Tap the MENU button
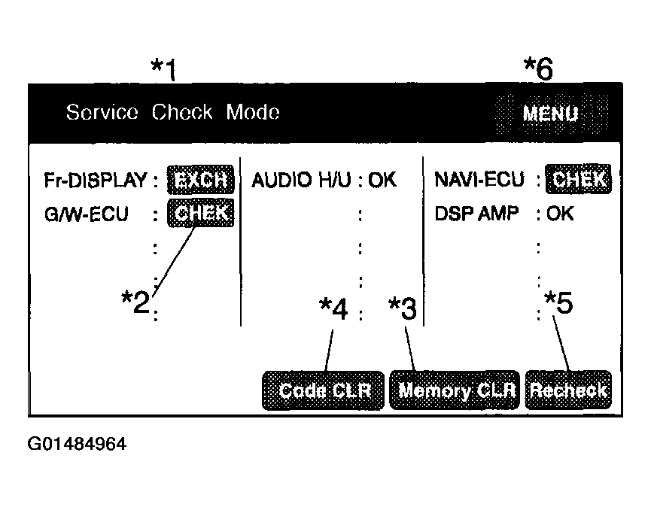552,114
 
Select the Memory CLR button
455,390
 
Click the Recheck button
568,390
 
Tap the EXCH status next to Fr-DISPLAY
200,180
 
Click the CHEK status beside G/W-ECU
200,213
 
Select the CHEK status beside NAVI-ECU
578,179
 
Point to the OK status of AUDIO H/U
382,180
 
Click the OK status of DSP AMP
560,214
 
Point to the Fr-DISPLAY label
96,180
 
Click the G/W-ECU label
87,214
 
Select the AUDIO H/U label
302,180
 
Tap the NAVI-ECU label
479,180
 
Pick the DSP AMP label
476,214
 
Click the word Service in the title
102,112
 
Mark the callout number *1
164,69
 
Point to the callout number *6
539,68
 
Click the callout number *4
333,308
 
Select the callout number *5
558,302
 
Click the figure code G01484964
77,444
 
